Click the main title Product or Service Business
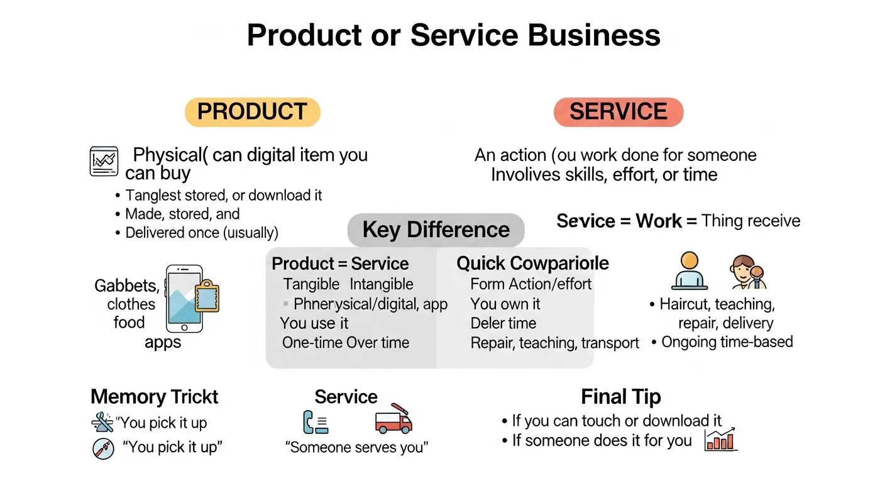453,36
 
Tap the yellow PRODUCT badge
252,112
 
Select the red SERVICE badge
618,112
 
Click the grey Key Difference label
436,230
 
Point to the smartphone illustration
184,298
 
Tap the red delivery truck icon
393,418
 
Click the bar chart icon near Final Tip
721,438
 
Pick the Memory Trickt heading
155,397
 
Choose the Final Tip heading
620,397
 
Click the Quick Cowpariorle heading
532,263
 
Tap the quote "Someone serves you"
356,448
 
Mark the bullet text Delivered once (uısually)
201,233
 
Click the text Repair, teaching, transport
554,343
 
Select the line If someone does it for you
602,440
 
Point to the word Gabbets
126,286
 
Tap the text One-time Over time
345,343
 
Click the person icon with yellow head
689,270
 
